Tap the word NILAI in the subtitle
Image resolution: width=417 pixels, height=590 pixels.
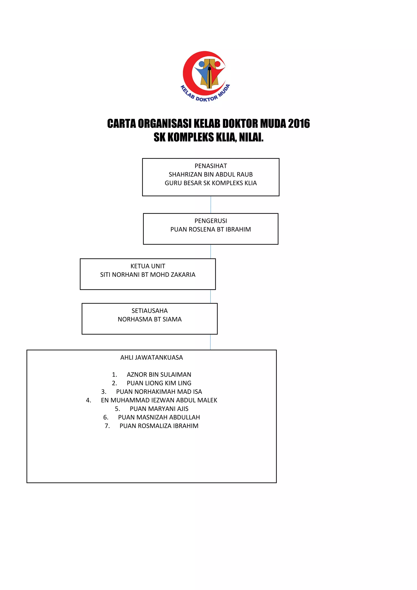coord(251,137)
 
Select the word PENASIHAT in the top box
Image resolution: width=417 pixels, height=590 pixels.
coord(211,166)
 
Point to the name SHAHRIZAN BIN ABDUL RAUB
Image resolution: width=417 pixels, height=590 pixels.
coord(211,174)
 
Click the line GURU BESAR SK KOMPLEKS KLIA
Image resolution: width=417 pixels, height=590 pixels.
coord(211,183)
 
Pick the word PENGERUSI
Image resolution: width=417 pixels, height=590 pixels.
coord(211,221)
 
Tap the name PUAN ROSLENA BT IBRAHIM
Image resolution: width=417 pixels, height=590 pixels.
coord(211,229)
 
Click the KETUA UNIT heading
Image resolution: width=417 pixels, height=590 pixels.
coord(148,266)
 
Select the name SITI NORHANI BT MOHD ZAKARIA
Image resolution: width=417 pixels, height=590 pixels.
coord(148,275)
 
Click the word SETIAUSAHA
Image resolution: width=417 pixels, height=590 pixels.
coord(149,311)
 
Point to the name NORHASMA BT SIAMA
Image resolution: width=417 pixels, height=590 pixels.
coord(149,319)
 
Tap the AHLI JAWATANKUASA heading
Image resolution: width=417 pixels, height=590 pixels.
coord(151,358)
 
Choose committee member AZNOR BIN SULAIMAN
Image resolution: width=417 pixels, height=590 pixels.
coord(159,374)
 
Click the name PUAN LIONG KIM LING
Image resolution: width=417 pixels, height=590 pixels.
coord(159,383)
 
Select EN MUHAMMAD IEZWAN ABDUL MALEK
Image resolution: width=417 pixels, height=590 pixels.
coord(159,400)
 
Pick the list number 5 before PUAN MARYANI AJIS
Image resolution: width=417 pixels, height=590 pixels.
coord(117,409)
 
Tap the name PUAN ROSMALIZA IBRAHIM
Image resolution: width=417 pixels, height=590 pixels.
coord(159,426)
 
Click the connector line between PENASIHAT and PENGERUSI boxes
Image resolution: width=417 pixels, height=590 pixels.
coord(211,205)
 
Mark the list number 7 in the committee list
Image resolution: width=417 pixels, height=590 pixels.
coord(107,426)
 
